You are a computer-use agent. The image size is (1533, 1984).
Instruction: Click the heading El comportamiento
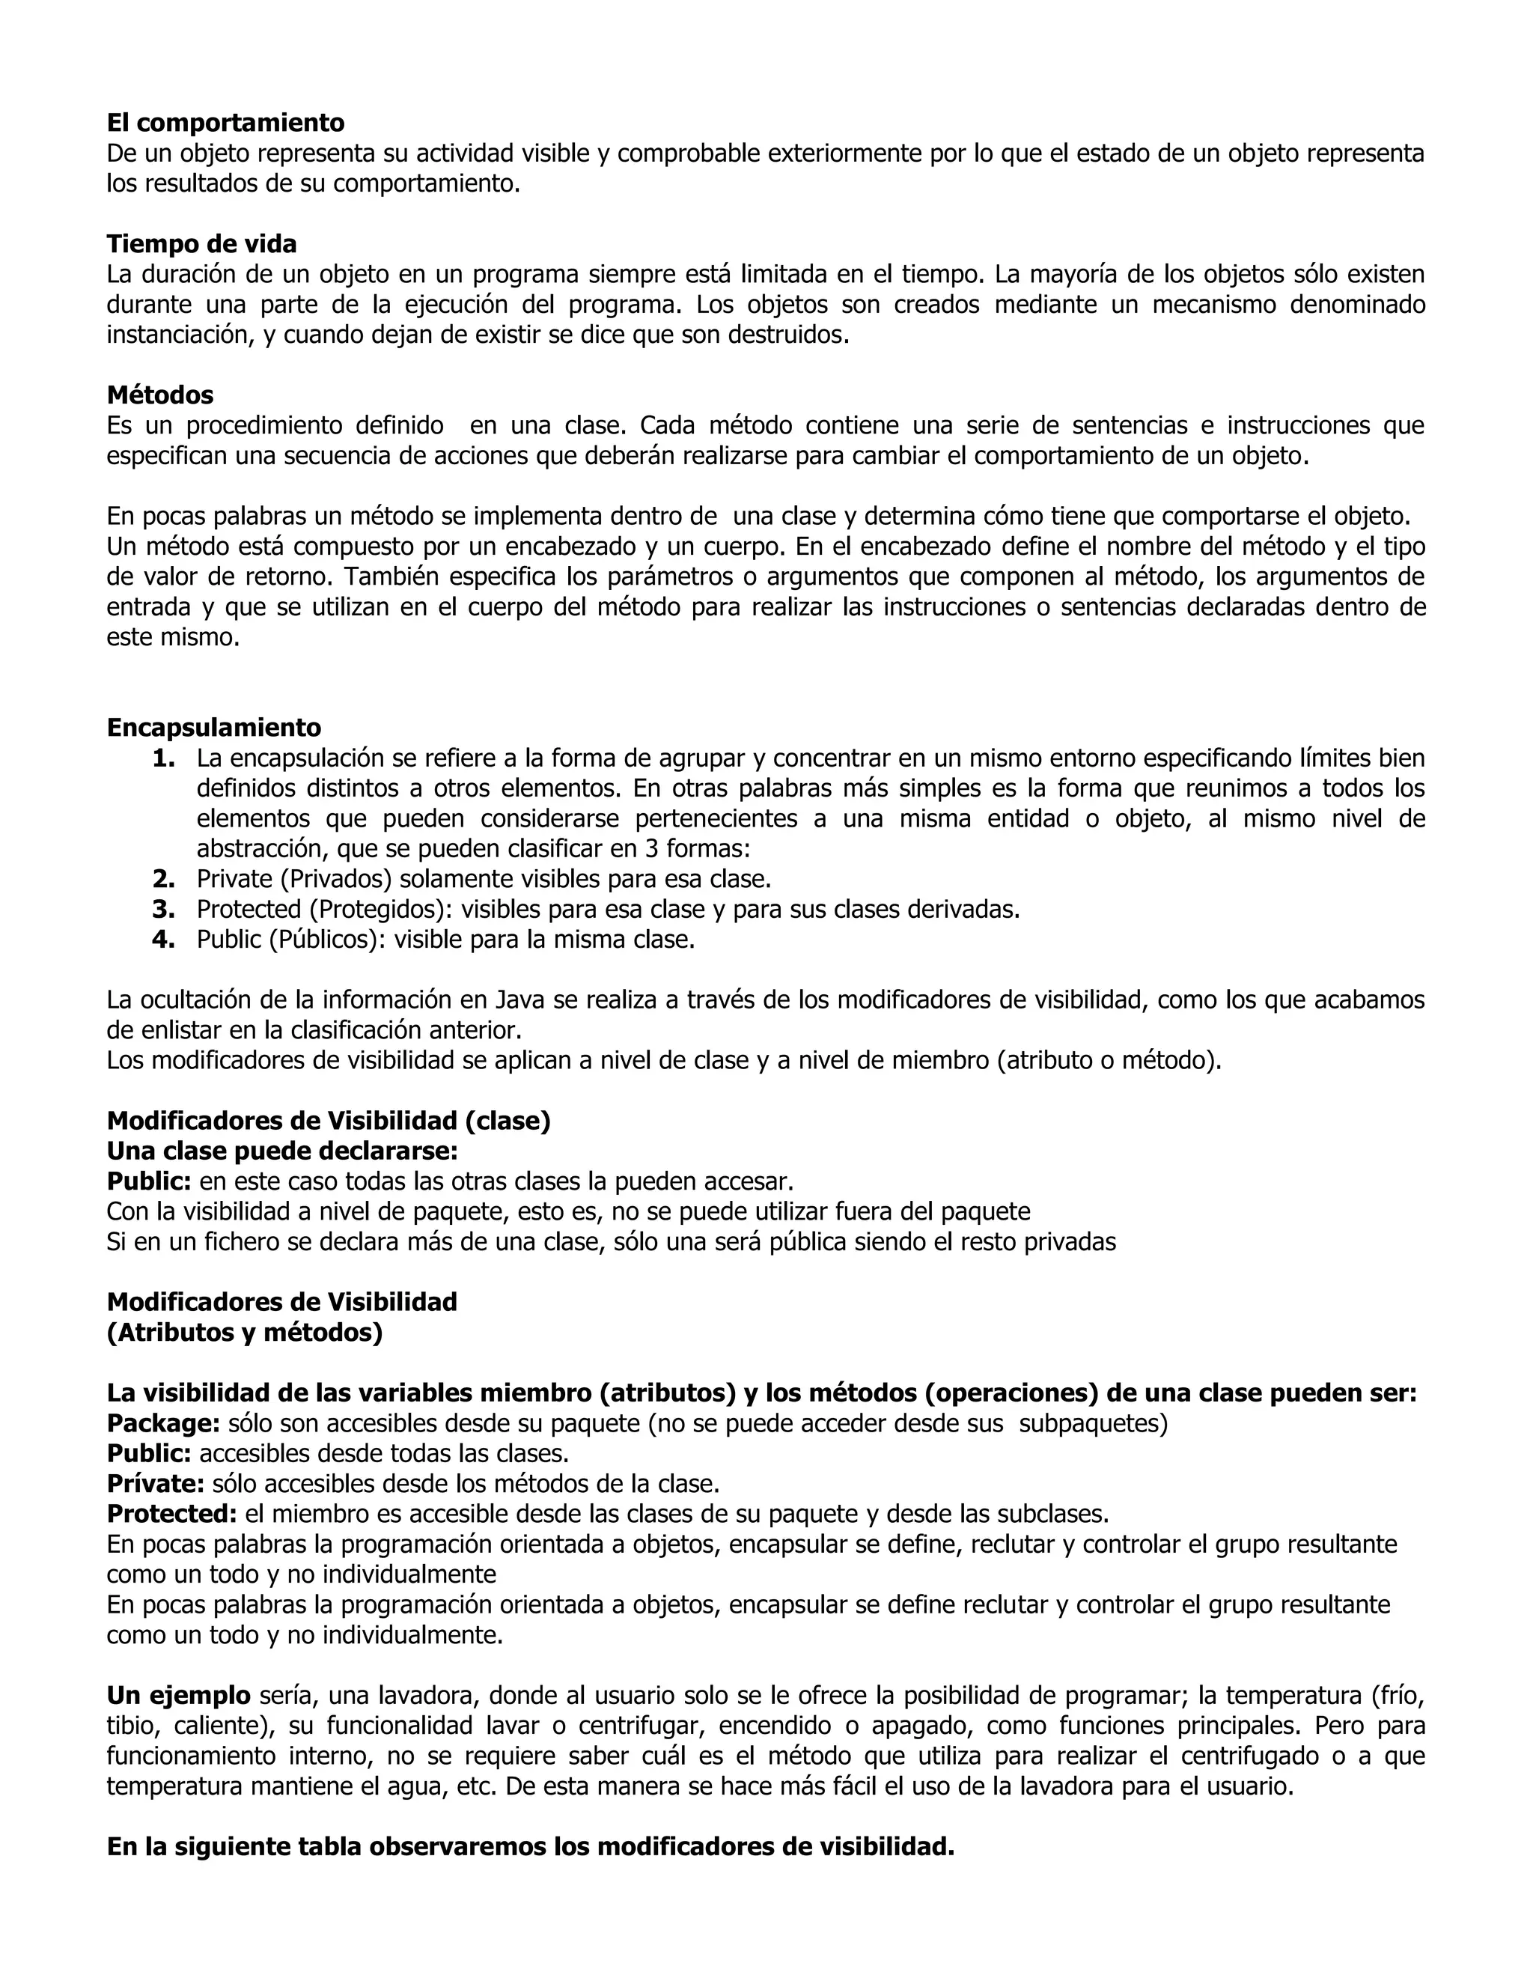click(x=225, y=122)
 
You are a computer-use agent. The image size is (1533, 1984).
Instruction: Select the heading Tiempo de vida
click(x=201, y=243)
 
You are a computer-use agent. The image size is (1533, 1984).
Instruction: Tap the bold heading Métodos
click(x=160, y=395)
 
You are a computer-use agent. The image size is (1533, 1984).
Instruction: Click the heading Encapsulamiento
click(x=213, y=727)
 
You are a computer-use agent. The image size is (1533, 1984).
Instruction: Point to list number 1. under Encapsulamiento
click(x=163, y=758)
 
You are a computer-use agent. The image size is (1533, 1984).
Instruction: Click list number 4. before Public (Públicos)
click(x=163, y=940)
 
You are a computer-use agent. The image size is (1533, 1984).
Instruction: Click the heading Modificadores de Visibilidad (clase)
click(x=329, y=1121)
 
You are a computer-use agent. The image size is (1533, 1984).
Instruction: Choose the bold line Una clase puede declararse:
click(x=282, y=1151)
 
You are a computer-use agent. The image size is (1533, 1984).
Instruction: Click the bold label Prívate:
click(x=155, y=1483)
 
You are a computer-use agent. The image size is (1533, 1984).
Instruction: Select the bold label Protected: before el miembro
click(x=171, y=1513)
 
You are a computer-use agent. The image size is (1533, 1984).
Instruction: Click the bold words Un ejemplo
click(x=178, y=1695)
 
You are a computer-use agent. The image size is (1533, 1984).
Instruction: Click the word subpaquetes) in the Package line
click(x=1094, y=1422)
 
